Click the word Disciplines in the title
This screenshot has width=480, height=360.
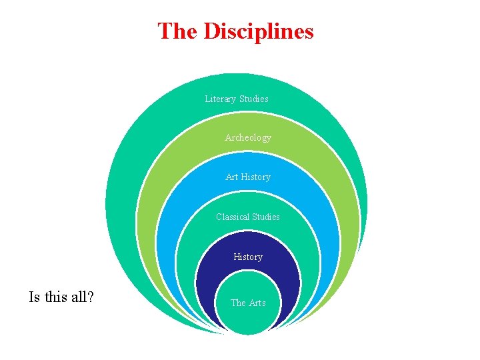point(258,31)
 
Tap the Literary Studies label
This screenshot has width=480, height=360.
point(237,99)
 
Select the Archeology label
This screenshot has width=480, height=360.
point(248,137)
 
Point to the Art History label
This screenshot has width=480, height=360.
point(248,177)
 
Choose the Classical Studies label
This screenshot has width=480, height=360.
point(248,217)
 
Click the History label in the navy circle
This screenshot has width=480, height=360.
point(248,257)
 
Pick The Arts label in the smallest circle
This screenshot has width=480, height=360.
point(248,303)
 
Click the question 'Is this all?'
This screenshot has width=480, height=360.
point(61,297)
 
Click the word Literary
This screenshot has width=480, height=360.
point(220,99)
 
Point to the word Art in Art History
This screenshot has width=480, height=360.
point(232,177)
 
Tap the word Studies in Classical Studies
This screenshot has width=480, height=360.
point(265,217)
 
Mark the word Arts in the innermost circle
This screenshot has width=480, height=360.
point(257,303)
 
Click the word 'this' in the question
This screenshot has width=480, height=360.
point(55,297)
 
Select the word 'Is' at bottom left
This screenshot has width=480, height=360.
point(34,297)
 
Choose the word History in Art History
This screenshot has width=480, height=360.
point(256,177)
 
